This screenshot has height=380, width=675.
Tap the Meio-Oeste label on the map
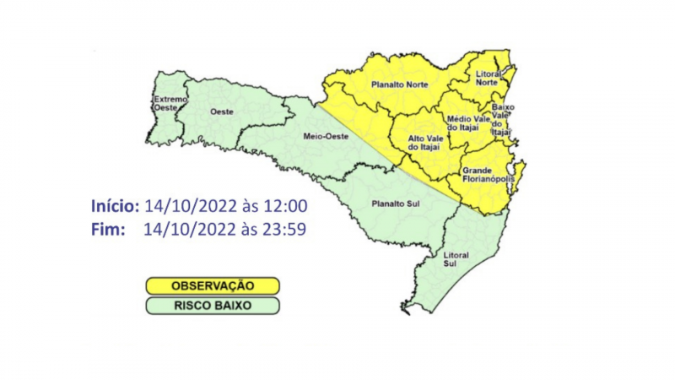click(x=321, y=136)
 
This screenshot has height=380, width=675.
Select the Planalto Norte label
click(x=400, y=84)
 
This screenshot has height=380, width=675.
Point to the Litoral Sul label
click(x=455, y=258)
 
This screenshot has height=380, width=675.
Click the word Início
click(x=115, y=207)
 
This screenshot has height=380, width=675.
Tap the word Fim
click(x=107, y=228)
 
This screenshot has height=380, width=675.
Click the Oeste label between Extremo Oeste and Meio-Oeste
click(x=221, y=111)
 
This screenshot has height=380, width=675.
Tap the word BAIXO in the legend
click(x=231, y=305)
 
